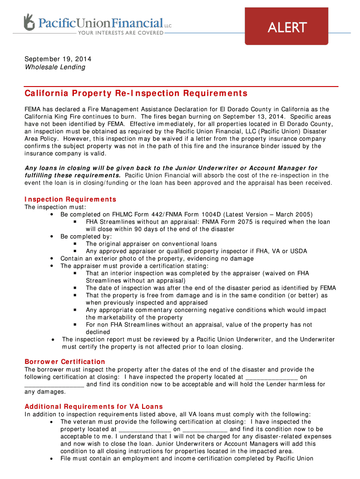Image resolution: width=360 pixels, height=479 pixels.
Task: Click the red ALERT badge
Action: [287, 27]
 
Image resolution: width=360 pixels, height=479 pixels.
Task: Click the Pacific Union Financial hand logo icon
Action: [29, 22]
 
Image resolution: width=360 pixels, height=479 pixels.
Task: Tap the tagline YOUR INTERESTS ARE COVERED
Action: [120, 33]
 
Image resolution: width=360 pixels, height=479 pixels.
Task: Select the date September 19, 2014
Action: [58, 59]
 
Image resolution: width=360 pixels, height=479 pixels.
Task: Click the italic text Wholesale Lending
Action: [55, 67]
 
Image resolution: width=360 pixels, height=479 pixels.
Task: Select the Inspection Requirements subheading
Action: [70, 199]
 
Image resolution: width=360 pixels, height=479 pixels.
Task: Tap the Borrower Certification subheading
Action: [65, 362]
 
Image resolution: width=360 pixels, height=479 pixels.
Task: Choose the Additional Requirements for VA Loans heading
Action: [94, 406]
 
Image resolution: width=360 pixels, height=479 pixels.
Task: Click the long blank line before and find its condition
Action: [54, 385]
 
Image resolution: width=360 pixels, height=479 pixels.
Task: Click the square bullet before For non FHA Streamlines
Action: [75, 325]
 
